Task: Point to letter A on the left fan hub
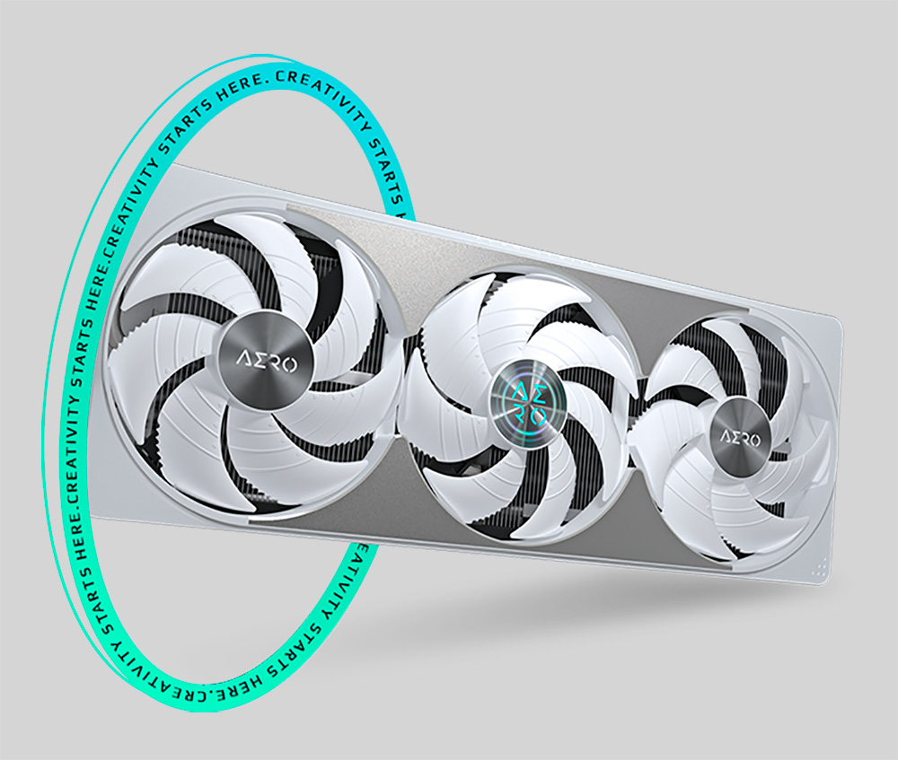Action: pyautogui.click(x=243, y=361)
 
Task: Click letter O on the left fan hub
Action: pyautogui.click(x=289, y=364)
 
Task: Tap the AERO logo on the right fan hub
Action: pyautogui.click(x=741, y=440)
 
